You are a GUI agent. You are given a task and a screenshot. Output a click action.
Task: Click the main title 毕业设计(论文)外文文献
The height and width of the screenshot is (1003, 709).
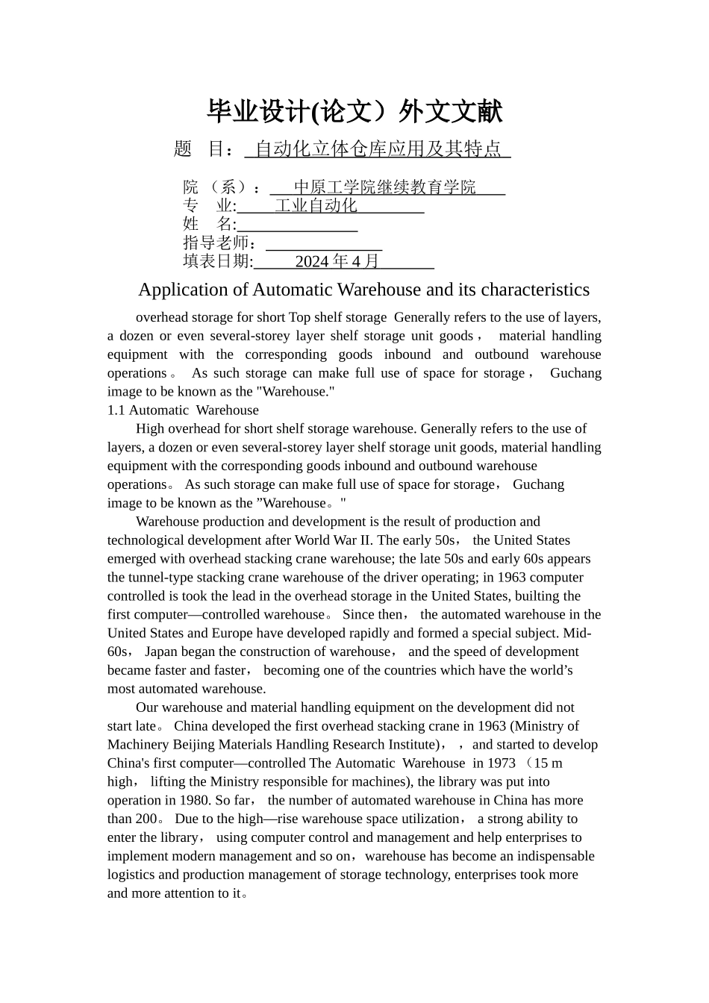(x=354, y=112)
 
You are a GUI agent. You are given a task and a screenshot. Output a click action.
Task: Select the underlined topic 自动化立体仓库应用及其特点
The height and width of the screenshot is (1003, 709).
(x=378, y=149)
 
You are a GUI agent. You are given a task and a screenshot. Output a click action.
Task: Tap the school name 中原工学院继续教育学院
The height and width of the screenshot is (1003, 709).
(x=384, y=187)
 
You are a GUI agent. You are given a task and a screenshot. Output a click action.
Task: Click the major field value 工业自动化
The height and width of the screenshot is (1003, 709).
(x=316, y=206)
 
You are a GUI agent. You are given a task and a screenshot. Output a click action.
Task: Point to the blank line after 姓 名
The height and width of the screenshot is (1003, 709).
(x=297, y=225)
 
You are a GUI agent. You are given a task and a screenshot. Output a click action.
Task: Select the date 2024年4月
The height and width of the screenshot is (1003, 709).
(x=337, y=261)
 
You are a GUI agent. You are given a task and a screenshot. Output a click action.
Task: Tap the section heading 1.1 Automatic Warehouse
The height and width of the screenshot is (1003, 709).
(x=183, y=410)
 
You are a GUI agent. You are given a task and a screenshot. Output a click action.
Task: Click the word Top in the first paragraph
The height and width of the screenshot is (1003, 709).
(x=299, y=317)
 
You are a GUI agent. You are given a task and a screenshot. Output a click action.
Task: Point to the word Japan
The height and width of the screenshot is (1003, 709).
(x=162, y=652)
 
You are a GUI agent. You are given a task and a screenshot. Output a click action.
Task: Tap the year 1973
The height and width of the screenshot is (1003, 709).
(x=500, y=763)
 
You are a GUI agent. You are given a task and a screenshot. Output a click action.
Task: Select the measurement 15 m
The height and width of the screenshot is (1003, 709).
(x=549, y=763)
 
